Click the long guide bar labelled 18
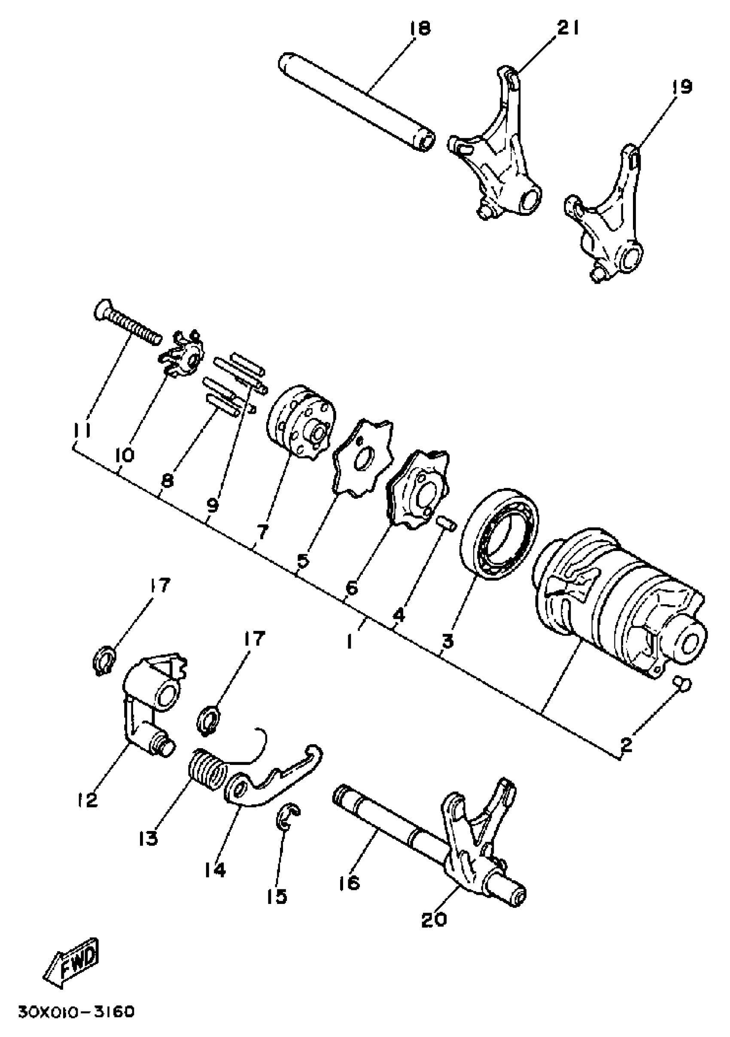[357, 103]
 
